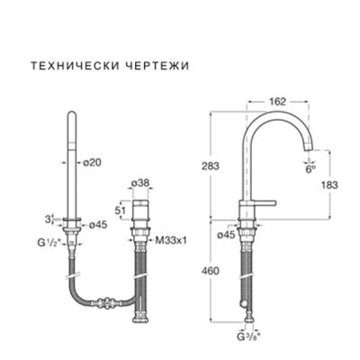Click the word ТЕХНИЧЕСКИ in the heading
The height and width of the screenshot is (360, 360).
[x=66, y=67]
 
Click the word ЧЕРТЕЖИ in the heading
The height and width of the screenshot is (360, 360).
[x=133, y=67]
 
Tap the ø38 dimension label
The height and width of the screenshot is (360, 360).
[x=140, y=183]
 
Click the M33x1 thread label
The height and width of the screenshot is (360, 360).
[x=170, y=240]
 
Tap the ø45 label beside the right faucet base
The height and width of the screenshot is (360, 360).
[x=228, y=235]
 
